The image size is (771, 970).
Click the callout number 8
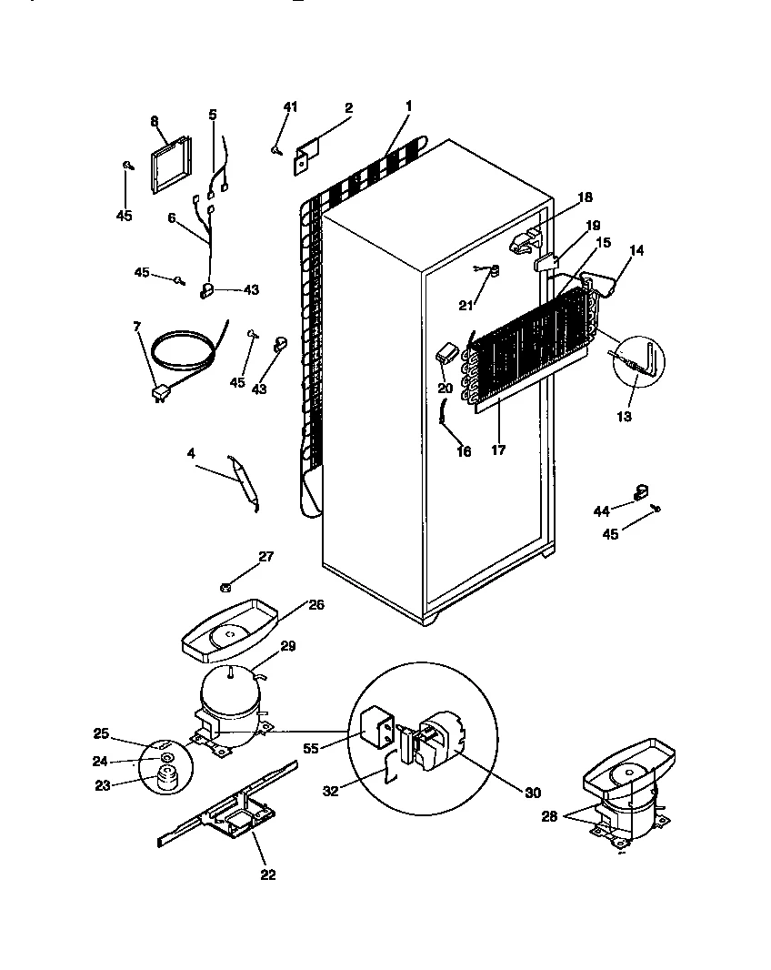click(154, 120)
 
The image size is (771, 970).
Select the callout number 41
click(290, 107)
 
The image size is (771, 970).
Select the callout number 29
click(287, 646)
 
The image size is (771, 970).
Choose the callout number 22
click(267, 875)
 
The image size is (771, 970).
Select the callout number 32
click(331, 792)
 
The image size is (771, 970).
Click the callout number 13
click(624, 417)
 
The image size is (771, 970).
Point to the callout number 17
click(497, 449)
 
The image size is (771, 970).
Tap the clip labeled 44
click(640, 492)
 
